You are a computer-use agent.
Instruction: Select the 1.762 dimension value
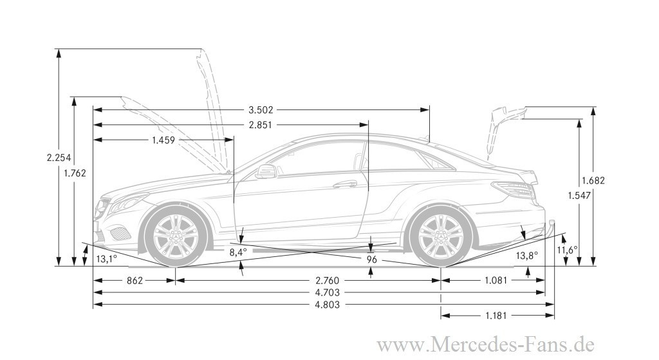click(75, 173)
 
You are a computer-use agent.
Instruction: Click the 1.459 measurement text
click(164, 140)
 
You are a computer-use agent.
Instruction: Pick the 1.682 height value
click(593, 180)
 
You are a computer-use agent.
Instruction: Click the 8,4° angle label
click(237, 252)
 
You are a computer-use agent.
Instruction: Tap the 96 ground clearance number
click(371, 259)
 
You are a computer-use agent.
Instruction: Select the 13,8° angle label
click(526, 256)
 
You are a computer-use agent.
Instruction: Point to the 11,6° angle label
click(567, 249)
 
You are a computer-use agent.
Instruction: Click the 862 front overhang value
click(135, 280)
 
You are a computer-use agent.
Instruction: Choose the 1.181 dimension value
click(497, 316)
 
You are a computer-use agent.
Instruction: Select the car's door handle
click(345, 184)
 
